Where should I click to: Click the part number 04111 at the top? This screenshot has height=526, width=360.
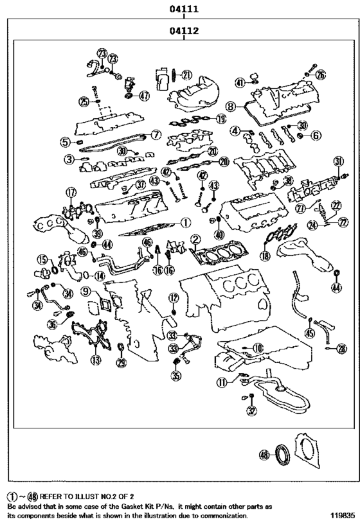(183, 10)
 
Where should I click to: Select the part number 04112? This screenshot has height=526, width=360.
(183, 30)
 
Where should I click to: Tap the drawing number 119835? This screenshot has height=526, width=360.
(342, 516)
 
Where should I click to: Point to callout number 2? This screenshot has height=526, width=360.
(194, 240)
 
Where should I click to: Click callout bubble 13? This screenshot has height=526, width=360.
(96, 360)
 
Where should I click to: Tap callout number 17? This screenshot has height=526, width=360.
(71, 191)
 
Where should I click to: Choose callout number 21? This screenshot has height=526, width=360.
(186, 75)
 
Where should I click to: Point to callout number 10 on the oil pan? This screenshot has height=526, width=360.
(257, 347)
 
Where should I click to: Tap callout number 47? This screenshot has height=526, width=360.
(143, 96)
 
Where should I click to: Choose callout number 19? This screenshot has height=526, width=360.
(221, 118)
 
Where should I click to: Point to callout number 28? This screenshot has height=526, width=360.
(341, 349)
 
